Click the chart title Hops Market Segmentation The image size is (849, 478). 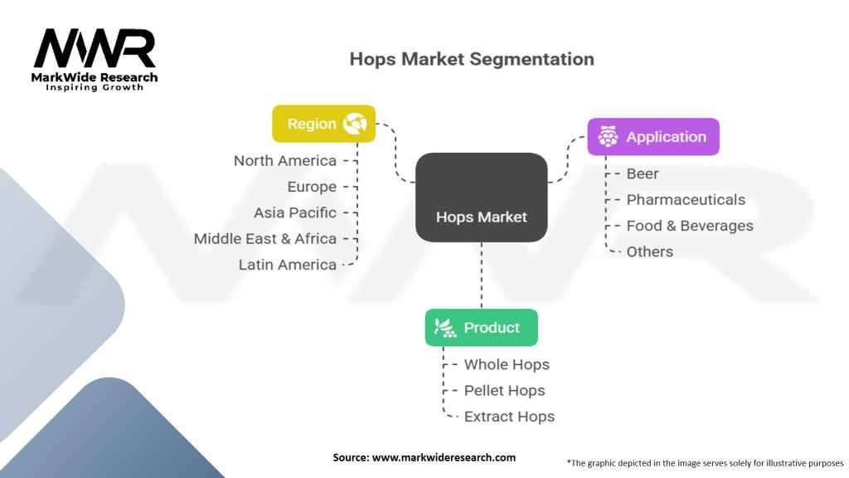[x=472, y=59]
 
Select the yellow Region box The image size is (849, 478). [x=323, y=124]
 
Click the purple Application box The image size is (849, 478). [x=653, y=137]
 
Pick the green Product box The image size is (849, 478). [x=481, y=328]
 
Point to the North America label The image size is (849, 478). [x=285, y=161]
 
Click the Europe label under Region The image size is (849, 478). [x=312, y=187]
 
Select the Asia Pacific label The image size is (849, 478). [x=295, y=212]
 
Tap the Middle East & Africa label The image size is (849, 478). [x=265, y=239]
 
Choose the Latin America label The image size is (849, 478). [x=288, y=265]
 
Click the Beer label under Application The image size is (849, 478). [x=643, y=173]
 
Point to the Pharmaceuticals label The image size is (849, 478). [x=686, y=199]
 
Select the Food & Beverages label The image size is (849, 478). [x=690, y=226]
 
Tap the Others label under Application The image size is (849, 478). [x=650, y=251]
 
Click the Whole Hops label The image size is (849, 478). [x=507, y=364]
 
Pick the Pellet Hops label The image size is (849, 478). [x=505, y=391]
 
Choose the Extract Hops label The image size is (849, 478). [x=509, y=417]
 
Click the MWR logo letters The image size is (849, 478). [x=95, y=49]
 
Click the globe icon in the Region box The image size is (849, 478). [x=355, y=124]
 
